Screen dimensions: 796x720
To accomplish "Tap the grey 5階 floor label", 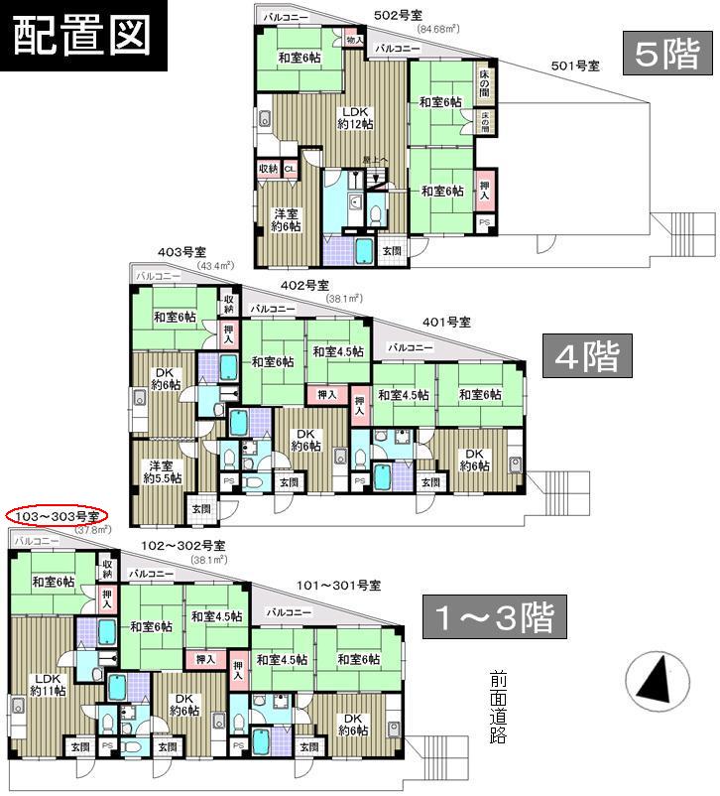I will click(666, 56).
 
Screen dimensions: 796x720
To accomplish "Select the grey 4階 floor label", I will click(587, 355).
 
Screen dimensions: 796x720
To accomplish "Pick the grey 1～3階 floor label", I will click(493, 618).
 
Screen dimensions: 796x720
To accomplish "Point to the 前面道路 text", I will click(499, 708).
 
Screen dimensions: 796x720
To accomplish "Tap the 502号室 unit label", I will click(397, 15).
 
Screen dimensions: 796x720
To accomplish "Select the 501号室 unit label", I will click(575, 66).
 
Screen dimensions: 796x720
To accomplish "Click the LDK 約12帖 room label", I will click(355, 117).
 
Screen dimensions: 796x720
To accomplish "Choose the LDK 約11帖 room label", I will click(44, 685).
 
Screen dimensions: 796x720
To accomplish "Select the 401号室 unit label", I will click(445, 322).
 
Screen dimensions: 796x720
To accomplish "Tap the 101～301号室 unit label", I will click(340, 586).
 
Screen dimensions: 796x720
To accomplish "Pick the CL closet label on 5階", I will click(290, 169).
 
